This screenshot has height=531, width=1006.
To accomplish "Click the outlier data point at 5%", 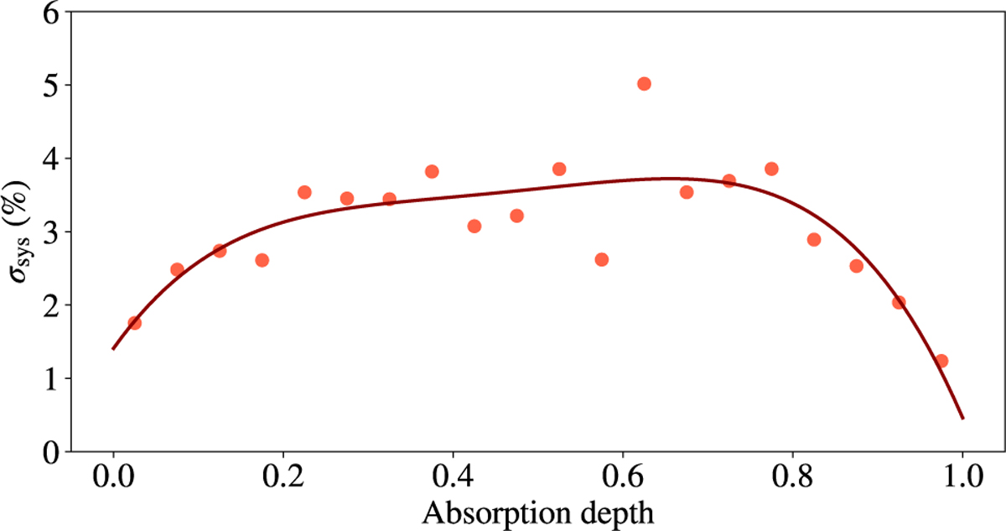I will [x=644, y=84].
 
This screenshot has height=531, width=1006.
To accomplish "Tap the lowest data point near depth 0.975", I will [x=941, y=361].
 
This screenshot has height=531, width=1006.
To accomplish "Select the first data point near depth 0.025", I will [x=134, y=323].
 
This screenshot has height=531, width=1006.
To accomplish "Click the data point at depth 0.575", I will [x=601, y=259].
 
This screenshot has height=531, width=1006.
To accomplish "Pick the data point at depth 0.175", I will [x=262, y=260].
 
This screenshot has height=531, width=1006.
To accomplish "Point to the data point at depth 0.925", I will [x=899, y=303].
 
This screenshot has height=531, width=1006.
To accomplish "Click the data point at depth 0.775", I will [x=771, y=169].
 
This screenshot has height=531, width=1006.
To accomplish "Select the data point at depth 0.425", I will [x=474, y=226].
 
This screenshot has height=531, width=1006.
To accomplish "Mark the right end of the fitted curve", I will [x=962, y=418].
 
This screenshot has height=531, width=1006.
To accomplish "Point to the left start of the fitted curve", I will [x=112, y=349].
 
